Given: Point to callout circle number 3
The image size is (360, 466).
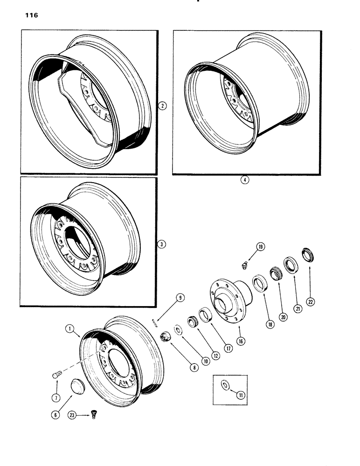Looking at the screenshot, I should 162,244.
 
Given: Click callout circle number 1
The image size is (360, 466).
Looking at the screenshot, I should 69,329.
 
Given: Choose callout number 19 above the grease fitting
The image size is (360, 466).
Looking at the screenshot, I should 260,247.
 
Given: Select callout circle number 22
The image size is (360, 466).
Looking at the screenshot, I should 311,302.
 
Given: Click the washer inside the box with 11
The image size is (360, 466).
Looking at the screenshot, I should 224,384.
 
